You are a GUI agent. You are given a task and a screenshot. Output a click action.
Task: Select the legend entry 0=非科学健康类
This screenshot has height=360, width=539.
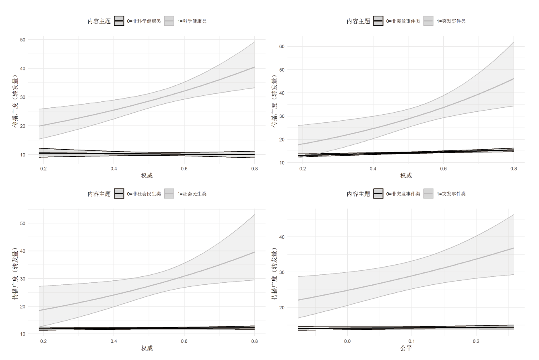click(144, 21)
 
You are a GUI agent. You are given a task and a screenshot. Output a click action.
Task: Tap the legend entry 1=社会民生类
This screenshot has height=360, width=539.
click(192, 194)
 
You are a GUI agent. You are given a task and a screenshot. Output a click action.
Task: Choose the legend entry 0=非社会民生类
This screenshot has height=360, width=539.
click(144, 194)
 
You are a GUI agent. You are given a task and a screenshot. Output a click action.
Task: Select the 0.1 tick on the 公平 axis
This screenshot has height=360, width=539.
click(412, 341)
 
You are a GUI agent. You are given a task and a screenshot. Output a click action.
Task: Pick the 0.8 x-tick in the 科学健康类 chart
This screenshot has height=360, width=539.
click(254, 168)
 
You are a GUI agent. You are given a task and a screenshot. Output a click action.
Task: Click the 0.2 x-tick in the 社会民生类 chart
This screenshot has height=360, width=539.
click(43, 341)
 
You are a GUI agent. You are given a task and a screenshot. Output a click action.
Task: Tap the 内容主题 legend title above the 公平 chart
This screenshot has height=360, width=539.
click(358, 194)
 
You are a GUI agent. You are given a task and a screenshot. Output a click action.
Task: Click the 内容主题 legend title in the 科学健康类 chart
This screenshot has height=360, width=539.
click(99, 21)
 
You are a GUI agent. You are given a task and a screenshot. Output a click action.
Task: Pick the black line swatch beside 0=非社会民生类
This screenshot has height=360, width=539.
click(119, 194)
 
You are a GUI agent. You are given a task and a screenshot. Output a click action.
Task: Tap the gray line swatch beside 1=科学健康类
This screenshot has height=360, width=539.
click(169, 21)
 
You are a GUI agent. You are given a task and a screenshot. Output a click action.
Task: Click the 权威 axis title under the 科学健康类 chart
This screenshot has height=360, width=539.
click(147, 175)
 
